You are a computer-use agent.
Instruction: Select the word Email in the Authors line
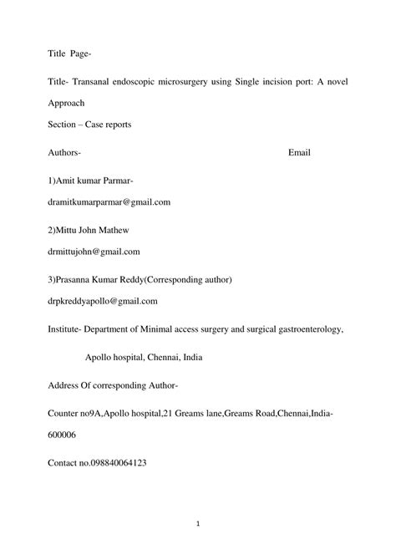pyautogui.click(x=300, y=153)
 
